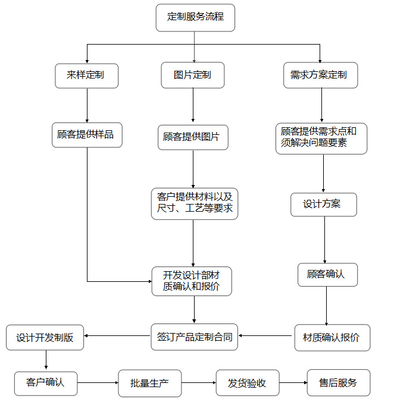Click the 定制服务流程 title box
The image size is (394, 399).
tap(195, 17)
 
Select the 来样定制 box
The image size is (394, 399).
tap(87, 76)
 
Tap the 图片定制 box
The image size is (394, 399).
tap(192, 76)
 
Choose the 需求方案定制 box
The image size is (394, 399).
tap(320, 76)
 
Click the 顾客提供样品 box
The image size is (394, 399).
tap(87, 135)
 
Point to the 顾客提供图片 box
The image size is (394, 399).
tap(193, 137)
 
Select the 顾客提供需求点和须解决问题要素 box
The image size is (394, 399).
tap(321, 139)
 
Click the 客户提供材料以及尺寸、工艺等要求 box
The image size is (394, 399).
tap(194, 203)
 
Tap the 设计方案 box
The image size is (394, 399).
tap(324, 204)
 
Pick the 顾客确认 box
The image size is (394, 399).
tap(325, 275)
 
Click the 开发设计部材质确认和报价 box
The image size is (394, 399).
tap(192, 281)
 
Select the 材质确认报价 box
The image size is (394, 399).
tap(332, 337)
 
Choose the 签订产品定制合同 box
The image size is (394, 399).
tap(194, 337)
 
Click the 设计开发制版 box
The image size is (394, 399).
tap(45, 337)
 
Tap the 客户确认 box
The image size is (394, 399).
tap(46, 382)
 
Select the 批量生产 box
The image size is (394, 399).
tap(149, 384)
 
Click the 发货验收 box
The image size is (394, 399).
tap(247, 384)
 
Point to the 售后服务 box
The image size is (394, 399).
tap(339, 383)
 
